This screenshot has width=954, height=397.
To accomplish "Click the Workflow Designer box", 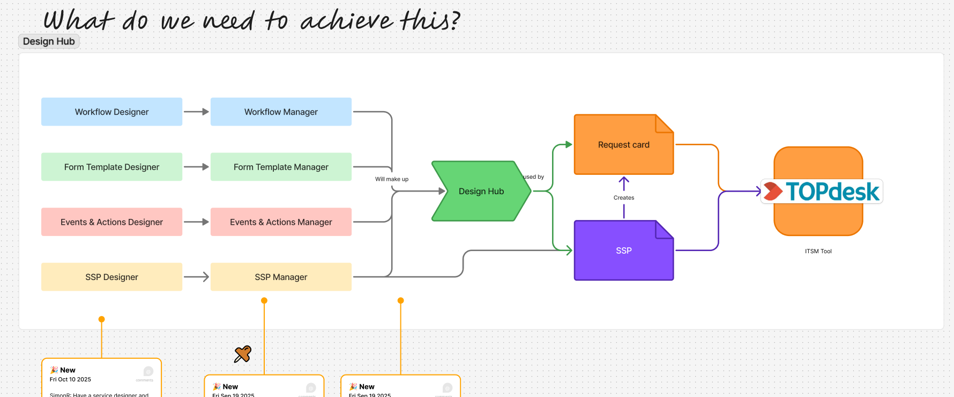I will point(111,112).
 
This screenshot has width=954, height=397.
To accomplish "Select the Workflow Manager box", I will point(281,112).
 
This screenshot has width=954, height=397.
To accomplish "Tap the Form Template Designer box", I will point(111,167).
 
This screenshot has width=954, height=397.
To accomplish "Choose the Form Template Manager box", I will point(281,167).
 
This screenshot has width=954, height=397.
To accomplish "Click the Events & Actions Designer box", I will point(111,222).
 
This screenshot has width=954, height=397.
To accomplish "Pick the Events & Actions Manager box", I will point(281,222).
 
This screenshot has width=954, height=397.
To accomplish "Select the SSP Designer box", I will point(111,277).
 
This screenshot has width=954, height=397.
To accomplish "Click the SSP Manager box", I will point(281,277).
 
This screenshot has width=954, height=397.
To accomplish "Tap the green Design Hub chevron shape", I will point(481,191).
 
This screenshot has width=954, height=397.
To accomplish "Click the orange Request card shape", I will point(623,145).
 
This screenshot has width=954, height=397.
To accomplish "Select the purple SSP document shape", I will point(623,251).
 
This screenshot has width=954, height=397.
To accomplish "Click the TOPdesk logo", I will point(822,192).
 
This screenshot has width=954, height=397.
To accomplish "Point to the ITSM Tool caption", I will point(818,251).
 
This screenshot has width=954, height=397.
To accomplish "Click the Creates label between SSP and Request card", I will point(623,197).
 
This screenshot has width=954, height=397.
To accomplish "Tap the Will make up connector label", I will point(391,179).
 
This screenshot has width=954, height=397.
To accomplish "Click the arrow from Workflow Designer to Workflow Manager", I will point(196,112).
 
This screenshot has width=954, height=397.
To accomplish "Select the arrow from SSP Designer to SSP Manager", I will point(196,277).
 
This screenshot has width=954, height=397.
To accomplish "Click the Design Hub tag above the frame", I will point(49,41).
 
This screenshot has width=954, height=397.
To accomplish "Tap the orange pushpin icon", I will point(243,354).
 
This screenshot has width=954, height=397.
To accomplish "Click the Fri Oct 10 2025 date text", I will point(70,379).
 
